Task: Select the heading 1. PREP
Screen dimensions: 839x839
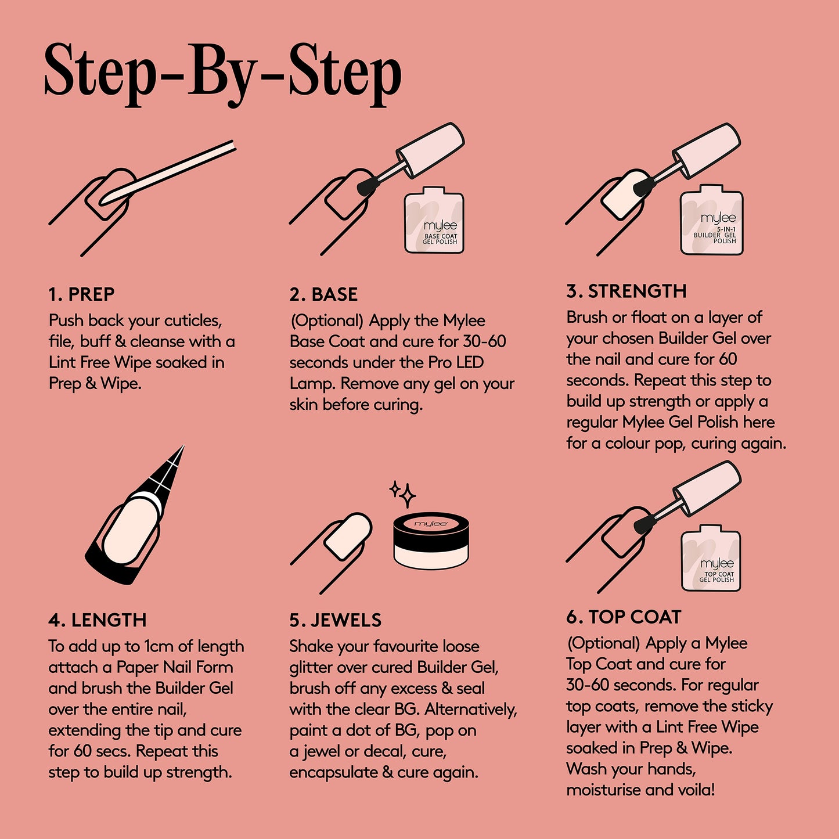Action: click(81, 294)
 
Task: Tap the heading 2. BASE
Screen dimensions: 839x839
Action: click(323, 294)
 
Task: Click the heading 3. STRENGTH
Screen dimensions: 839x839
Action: click(626, 291)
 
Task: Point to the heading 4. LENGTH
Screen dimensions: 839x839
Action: click(97, 620)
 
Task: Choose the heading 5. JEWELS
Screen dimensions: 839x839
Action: click(335, 620)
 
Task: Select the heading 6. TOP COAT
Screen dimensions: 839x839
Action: click(624, 617)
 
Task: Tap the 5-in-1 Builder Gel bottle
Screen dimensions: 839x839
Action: click(711, 220)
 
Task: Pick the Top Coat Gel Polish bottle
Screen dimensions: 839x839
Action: click(711, 559)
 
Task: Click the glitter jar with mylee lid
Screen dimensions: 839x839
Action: click(431, 541)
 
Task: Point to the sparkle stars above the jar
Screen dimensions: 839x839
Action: click(403, 494)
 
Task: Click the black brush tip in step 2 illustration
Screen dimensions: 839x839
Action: click(366, 185)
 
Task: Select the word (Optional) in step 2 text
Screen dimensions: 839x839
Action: click(326, 321)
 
